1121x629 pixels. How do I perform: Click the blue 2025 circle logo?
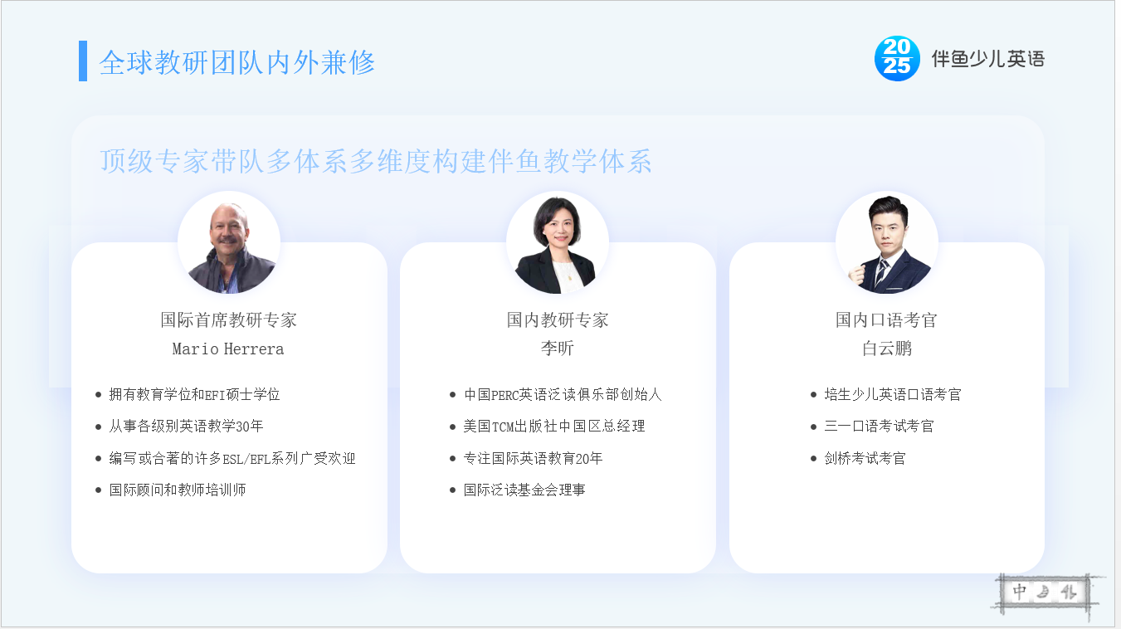coord(897,59)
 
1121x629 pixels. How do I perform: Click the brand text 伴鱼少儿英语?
coord(988,59)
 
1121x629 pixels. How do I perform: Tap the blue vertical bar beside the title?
coord(83,61)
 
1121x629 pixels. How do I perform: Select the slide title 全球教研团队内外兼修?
coord(237,62)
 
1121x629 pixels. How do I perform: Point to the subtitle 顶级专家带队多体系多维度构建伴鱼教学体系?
coord(376,161)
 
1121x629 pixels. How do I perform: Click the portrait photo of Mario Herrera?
coord(229,242)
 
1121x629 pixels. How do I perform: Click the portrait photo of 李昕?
coord(558,242)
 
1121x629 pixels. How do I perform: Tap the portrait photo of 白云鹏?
coord(887,242)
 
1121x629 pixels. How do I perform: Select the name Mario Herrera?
coord(228,349)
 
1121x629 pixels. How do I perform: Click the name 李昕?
coord(558,348)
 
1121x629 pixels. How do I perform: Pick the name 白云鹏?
coord(887,348)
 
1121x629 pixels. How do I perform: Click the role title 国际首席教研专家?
coord(229,319)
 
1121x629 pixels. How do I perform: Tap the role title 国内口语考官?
coord(886,319)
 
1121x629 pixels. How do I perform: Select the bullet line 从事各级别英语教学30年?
coord(186,426)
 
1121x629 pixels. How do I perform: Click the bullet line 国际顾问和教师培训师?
coord(178,490)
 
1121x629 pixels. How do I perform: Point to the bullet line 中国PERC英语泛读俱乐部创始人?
coord(563,394)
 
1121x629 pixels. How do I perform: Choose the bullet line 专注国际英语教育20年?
coord(533,458)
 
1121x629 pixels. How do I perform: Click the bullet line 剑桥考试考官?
coord(865,458)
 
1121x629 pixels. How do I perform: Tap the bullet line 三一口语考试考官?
coord(879,426)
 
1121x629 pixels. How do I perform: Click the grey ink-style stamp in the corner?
coord(1045,593)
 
